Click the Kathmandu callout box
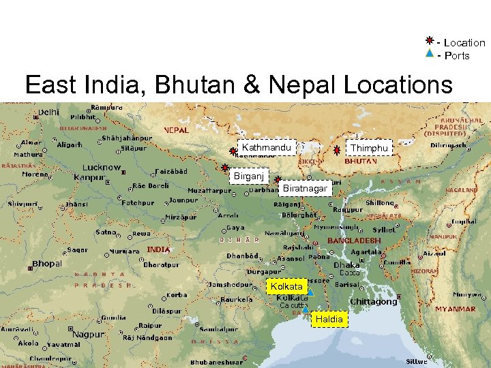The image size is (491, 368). click(267, 148)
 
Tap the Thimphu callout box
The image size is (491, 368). click(369, 149)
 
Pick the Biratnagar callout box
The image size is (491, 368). click(305, 187)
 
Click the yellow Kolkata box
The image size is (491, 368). click(286, 287)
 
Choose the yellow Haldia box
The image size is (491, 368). click(329, 319)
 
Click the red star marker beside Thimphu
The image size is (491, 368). click(338, 150)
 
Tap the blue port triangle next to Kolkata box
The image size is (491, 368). click(310, 292)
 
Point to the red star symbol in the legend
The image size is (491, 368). click(430, 42)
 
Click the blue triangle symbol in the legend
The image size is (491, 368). click(430, 54)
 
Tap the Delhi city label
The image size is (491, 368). click(48, 112)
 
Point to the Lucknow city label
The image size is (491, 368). click(102, 168)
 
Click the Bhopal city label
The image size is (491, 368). click(47, 264)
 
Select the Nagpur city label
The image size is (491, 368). click(89, 335)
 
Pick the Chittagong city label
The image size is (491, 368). click(373, 302)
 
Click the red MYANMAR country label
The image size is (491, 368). click(456, 309)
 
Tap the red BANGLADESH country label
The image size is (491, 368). click(354, 241)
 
